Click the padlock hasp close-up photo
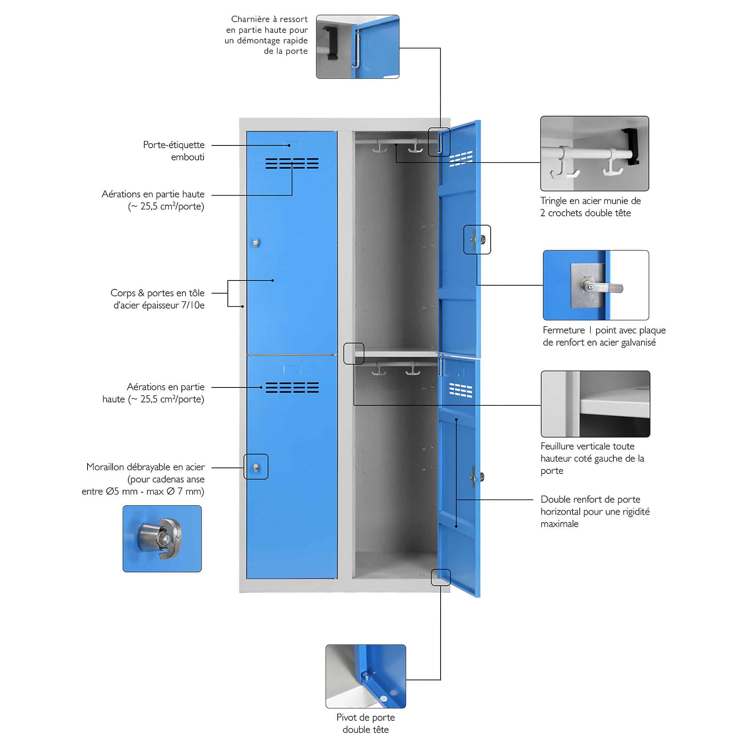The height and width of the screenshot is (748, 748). point(162,539)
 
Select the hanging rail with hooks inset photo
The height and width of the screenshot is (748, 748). point(594,153)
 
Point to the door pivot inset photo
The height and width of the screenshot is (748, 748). point(365,676)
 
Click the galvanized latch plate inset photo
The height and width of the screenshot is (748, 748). point(596,285)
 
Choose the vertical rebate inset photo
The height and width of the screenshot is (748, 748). point(595,404)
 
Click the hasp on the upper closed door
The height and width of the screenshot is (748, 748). point(256,243)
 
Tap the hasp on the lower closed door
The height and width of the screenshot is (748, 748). point(256,467)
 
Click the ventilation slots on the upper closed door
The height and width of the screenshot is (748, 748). point(292,163)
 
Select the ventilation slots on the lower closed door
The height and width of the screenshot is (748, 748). point(292,387)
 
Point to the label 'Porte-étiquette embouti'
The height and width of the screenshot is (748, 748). point(174,151)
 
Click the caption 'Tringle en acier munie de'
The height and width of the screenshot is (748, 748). point(591,200)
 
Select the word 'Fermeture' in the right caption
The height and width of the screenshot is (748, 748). point(564,330)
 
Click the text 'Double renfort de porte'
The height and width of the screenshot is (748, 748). point(591,499)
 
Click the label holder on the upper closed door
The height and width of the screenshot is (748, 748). point(292,145)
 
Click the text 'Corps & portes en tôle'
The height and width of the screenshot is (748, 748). point(157,293)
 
